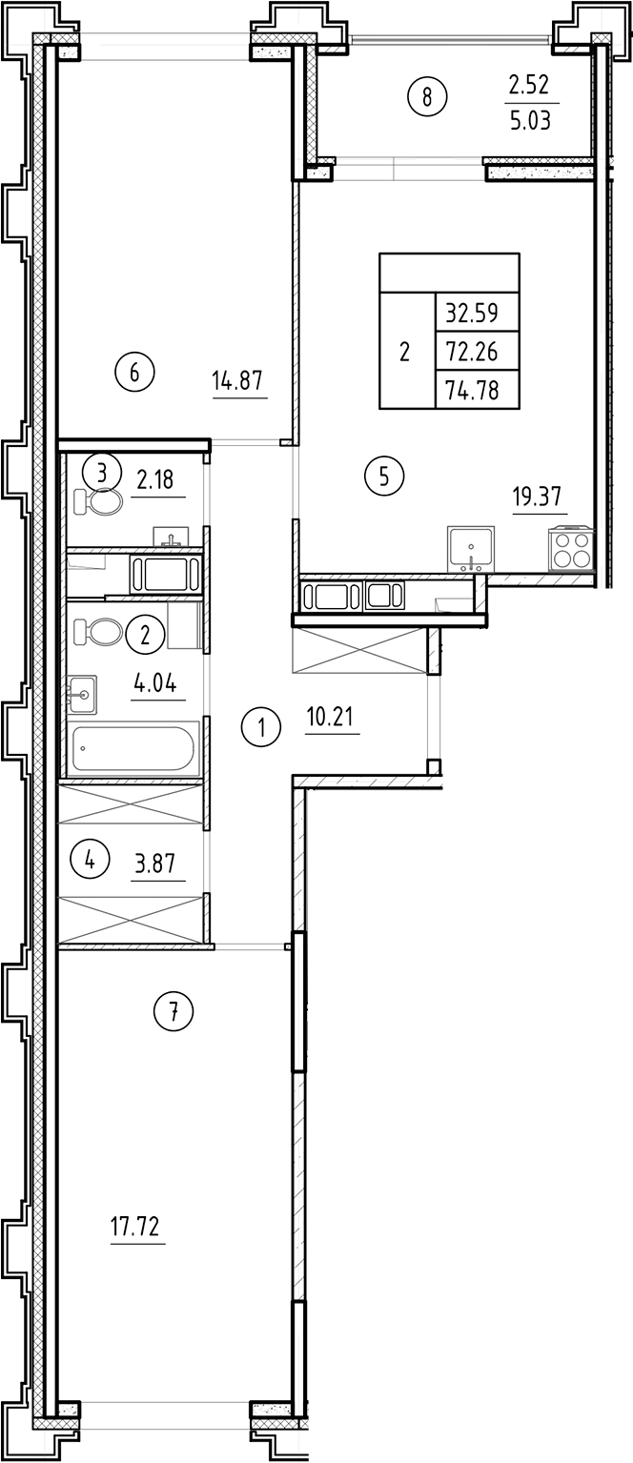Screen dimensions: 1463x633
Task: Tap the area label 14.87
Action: [x=239, y=382]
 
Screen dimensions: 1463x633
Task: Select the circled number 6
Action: [x=134, y=372]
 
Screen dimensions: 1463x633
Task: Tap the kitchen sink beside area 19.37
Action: [x=471, y=548]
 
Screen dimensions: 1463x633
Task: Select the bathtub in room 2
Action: [x=135, y=747]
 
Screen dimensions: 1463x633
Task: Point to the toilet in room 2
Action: [x=98, y=631]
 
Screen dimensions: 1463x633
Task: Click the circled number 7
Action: [x=174, y=1011]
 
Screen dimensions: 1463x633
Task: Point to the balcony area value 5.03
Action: [x=530, y=122]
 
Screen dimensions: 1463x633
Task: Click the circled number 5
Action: [x=384, y=475]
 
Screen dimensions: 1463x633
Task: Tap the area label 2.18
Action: [x=156, y=479]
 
